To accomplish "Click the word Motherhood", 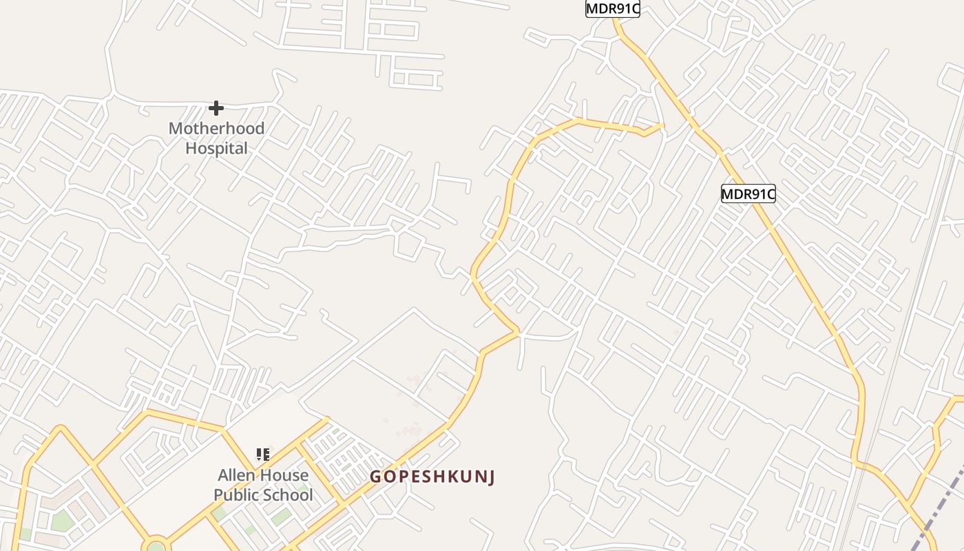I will click(x=216, y=128).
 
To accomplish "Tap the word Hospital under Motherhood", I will click(x=216, y=148).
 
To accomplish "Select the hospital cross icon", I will click(x=216, y=108).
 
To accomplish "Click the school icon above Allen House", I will click(x=262, y=455).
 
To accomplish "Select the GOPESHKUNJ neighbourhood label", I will click(x=432, y=477).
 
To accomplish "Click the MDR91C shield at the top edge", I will click(x=612, y=9).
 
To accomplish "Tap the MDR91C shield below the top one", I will click(x=748, y=194).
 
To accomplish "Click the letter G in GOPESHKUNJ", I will click(x=376, y=477).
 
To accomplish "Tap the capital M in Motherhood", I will click(x=175, y=128).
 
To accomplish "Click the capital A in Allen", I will click(x=223, y=475).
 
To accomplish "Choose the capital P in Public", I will click(x=218, y=495).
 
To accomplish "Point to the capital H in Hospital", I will click(x=191, y=148).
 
